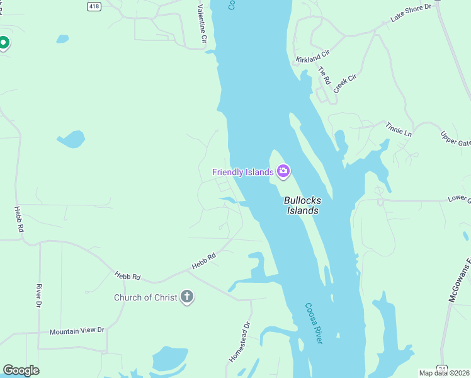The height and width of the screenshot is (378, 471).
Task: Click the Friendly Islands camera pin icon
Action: coord(283,171)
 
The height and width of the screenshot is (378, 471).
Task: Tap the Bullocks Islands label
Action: coord(302,205)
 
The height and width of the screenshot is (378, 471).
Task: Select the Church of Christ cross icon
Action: coord(186,297)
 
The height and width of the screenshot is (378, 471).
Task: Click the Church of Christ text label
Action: coord(145,297)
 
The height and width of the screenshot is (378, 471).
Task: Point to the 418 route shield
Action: coord(94,6)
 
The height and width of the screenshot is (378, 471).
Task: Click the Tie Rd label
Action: coord(325,76)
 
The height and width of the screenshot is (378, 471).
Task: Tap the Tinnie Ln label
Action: coord(399,130)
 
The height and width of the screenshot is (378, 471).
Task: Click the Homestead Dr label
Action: coord(239,341)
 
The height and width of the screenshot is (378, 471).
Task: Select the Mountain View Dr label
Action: coord(77,331)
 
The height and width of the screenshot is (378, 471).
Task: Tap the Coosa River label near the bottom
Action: coord(314,323)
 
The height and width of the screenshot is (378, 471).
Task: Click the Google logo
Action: coord(21,370)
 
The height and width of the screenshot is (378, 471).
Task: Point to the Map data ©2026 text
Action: coord(445,373)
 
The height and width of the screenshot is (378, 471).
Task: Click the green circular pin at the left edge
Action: coord(3,43)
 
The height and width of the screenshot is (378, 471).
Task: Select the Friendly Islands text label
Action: coord(242,172)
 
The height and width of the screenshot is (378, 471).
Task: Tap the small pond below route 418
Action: coord(62,39)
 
